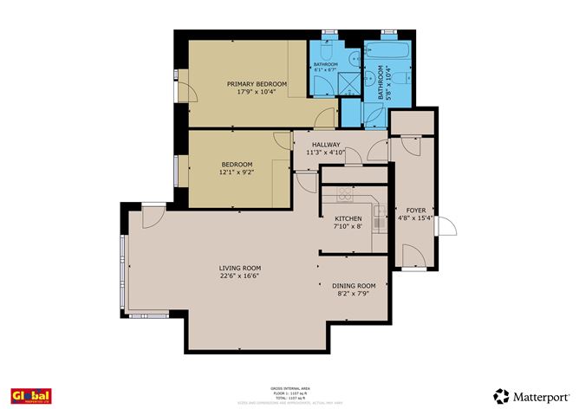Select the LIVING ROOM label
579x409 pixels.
point(239,268)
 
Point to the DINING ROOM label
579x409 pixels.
point(354,286)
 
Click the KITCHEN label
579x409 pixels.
point(348,218)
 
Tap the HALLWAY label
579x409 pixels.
point(326,144)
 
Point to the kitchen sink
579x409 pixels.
point(379,224)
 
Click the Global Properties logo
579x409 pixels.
point(29,394)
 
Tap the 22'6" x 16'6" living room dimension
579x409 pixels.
point(239,277)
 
